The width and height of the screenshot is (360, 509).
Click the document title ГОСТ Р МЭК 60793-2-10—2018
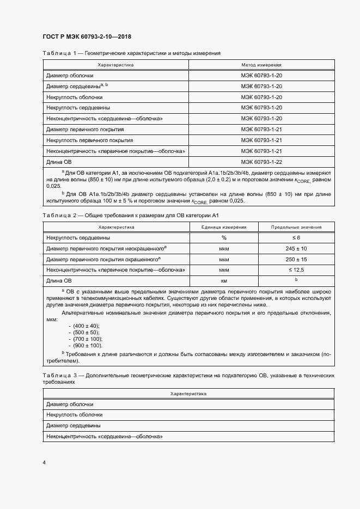point(87,37)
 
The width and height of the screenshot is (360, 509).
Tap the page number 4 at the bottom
point(44,462)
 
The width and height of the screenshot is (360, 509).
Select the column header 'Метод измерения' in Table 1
point(261,65)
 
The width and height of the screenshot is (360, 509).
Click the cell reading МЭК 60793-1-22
point(261,162)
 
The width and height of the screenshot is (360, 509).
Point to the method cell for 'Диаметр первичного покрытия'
point(261,130)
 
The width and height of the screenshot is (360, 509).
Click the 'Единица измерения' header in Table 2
point(224,227)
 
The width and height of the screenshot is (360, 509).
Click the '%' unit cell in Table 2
point(224,238)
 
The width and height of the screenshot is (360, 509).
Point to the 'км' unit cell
point(224,281)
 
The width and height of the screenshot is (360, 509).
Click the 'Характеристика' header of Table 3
point(187,393)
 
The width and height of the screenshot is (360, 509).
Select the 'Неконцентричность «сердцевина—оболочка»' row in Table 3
point(105,437)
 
